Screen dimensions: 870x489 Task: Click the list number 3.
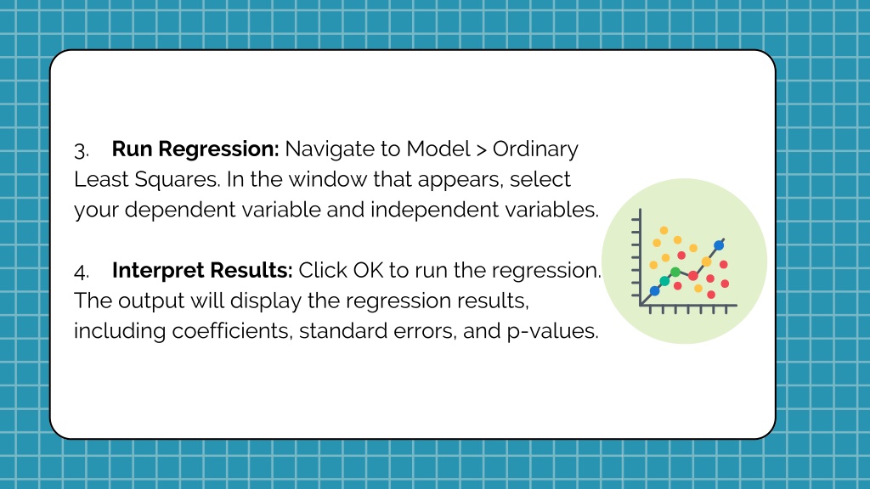click(81, 151)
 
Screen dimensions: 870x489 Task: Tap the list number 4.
click(81, 272)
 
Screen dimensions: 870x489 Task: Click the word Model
click(438, 149)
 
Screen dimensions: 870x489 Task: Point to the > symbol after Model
click(481, 149)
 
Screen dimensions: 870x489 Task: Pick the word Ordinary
click(535, 149)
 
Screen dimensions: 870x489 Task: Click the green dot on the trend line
click(675, 272)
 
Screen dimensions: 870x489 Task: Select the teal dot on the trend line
click(664, 281)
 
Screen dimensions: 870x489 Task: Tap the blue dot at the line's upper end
click(719, 245)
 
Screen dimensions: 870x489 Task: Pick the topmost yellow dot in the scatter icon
click(664, 230)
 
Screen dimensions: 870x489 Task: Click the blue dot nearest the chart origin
click(655, 290)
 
